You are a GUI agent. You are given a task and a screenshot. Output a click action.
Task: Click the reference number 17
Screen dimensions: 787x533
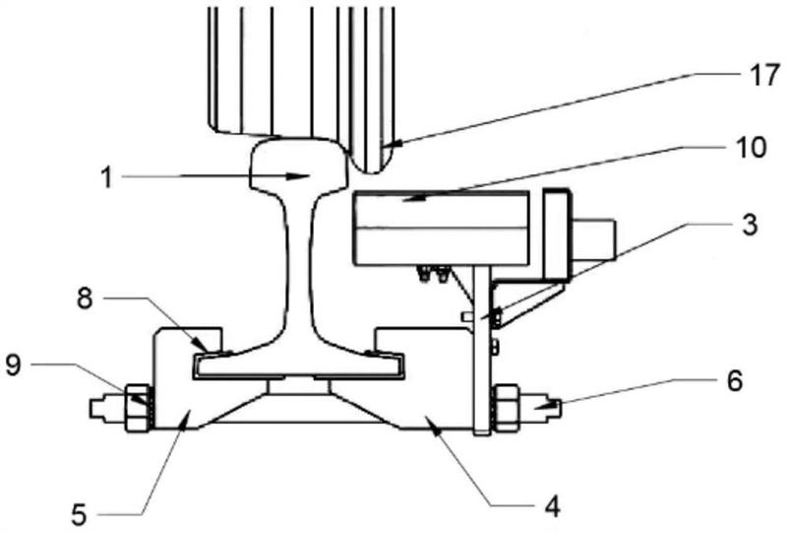click(764, 76)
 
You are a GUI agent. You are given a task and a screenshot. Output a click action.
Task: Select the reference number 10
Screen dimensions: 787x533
click(750, 149)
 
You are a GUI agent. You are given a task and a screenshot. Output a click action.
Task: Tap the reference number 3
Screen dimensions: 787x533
click(750, 225)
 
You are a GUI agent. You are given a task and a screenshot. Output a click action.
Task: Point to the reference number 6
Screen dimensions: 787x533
click(734, 381)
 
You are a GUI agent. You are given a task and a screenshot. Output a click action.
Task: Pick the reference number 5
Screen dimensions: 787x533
click(80, 515)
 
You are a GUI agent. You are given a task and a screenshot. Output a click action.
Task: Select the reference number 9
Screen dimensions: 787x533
click(14, 366)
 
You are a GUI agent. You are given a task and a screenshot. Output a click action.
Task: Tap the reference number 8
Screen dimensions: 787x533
click(85, 300)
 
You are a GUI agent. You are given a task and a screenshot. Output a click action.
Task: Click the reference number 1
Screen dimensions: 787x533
click(107, 177)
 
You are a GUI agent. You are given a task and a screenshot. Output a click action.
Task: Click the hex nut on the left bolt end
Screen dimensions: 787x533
click(137, 407)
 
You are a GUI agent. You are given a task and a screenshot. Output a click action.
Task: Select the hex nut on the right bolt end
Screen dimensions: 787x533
click(506, 407)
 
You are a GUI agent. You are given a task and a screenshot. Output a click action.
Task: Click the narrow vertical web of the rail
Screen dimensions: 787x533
click(300, 266)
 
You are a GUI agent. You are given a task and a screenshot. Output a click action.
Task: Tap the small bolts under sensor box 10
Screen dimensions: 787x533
click(433, 274)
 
